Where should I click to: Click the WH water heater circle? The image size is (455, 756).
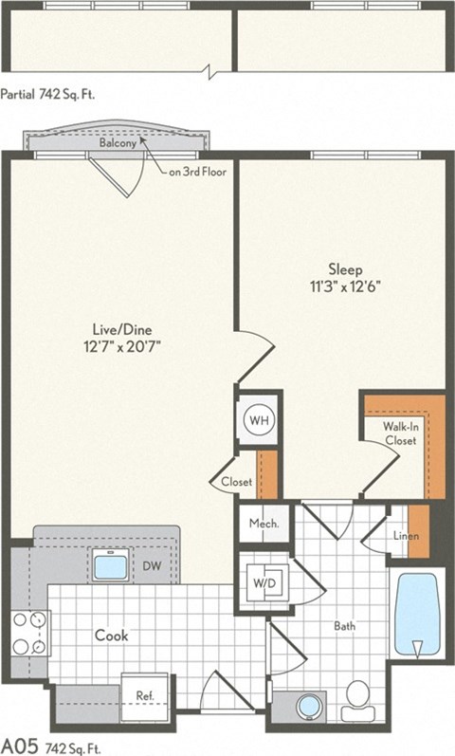(259, 418)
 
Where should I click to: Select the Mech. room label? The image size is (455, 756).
(261, 525)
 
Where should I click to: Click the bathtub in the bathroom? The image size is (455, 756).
(416, 615)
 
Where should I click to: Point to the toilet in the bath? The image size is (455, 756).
(359, 694)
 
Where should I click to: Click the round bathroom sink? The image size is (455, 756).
(309, 707)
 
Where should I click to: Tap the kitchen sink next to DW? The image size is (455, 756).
(112, 567)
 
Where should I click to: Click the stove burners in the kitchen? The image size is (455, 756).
(29, 634)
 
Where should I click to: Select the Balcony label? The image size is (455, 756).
(118, 143)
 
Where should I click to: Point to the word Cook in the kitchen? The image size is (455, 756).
(110, 636)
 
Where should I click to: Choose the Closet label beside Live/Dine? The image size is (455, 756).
(236, 482)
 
